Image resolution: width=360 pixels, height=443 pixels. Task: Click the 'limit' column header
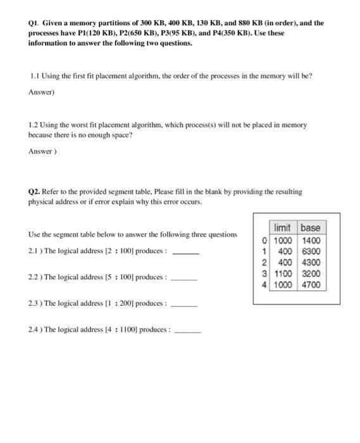(x=282, y=228)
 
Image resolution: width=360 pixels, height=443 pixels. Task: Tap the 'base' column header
(x=310, y=228)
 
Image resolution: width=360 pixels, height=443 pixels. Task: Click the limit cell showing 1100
(x=282, y=274)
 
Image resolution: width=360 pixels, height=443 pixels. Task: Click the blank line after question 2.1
(x=186, y=253)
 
